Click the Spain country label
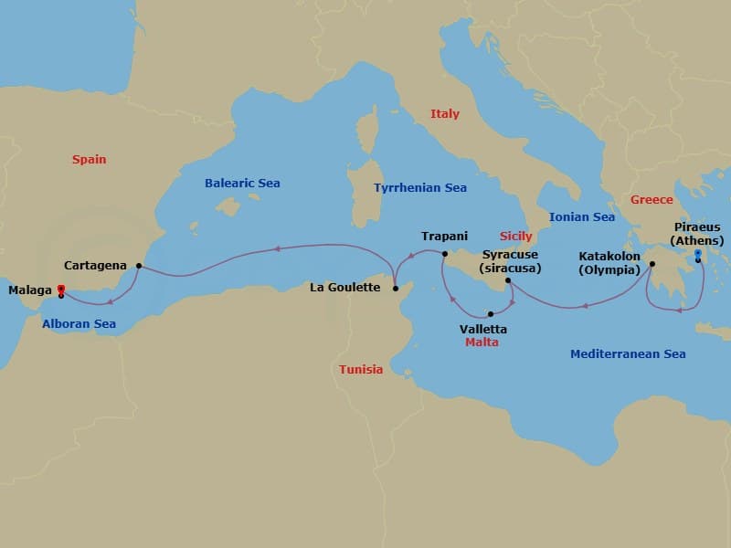coord(90,160)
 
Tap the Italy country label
coord(445,114)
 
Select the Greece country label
coord(652,200)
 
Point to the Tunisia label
coord(361,370)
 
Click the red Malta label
coord(482,343)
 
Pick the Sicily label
coord(516,237)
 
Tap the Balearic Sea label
coord(242,184)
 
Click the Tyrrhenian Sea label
coord(420,188)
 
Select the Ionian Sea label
coord(581,217)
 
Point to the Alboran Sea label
coord(79,323)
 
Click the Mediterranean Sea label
coord(628,354)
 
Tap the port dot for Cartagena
coord(139,266)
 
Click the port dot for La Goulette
coord(396,289)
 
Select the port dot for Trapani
coord(445,254)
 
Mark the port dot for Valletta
coord(491,314)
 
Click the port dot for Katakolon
coord(652,266)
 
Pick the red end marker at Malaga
coord(60,289)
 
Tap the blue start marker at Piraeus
coord(698,253)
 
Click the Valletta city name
coord(484,329)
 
